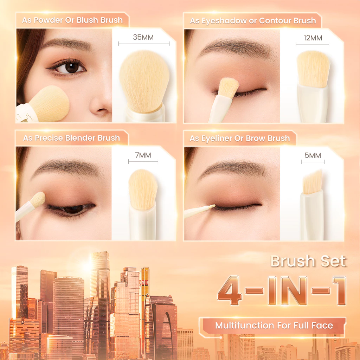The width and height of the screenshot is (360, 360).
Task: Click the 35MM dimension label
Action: (x=143, y=37)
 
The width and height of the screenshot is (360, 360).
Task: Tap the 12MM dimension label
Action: (x=313, y=38)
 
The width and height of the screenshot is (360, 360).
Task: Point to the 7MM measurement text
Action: (x=143, y=155)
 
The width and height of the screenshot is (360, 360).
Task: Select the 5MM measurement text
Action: (x=313, y=155)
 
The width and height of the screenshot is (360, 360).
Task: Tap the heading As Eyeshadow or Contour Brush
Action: (x=253, y=21)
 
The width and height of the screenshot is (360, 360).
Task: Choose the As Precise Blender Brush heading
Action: (x=71, y=138)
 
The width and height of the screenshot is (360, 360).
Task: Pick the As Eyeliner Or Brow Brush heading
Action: (x=240, y=138)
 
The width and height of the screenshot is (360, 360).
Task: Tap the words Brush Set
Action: (x=308, y=262)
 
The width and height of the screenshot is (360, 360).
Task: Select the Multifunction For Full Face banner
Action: (x=274, y=326)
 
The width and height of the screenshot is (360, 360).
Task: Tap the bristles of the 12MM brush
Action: (x=313, y=69)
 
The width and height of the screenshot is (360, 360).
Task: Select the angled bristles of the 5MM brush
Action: (x=312, y=182)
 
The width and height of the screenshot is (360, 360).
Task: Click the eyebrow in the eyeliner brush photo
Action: (x=234, y=168)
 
